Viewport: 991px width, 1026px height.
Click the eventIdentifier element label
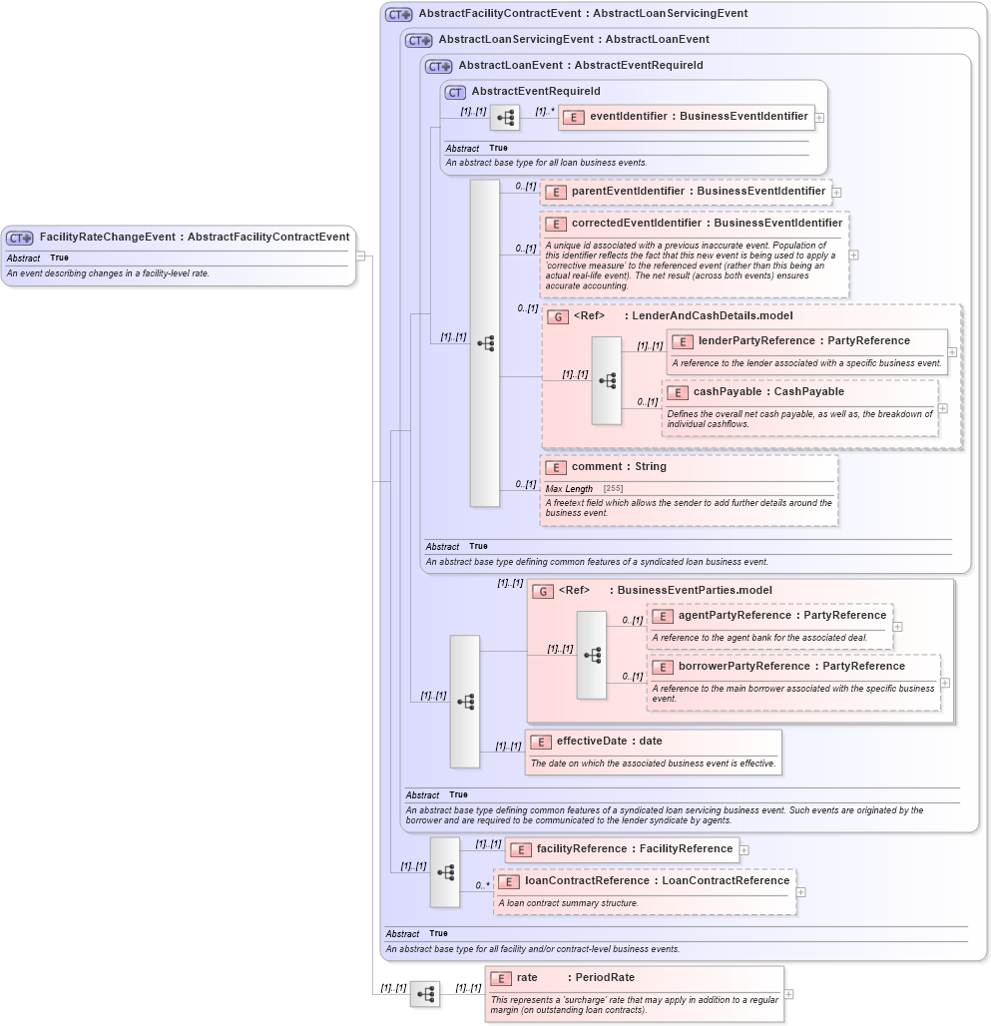(x=698, y=116)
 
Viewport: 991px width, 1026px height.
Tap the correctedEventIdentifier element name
(x=706, y=223)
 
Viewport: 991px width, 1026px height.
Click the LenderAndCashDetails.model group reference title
(x=708, y=315)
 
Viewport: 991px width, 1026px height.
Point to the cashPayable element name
(x=767, y=391)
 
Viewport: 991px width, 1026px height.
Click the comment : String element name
(x=618, y=466)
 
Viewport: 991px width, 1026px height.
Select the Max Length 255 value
(x=613, y=488)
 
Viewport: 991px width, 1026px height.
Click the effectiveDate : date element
(x=609, y=741)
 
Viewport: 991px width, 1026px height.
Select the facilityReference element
(x=634, y=848)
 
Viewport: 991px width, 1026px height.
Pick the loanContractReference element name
(x=657, y=880)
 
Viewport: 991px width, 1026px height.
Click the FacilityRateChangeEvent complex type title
(x=194, y=237)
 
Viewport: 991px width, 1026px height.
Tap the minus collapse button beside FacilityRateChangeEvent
(x=360, y=256)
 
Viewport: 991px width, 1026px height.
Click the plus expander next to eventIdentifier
(x=819, y=117)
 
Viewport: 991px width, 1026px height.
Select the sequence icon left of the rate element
(x=425, y=994)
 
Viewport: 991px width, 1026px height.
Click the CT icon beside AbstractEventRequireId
(x=455, y=92)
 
